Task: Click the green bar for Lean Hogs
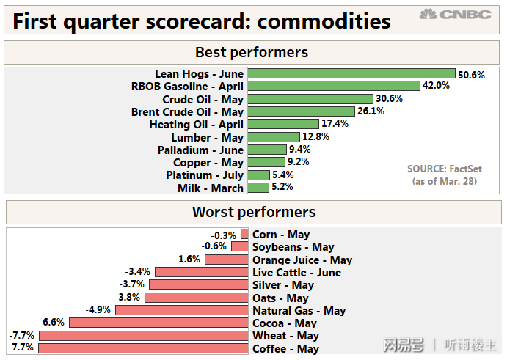pos(351,73)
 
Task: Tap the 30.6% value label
pos(389,99)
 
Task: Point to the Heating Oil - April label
pos(196,125)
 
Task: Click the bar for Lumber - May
pos(274,137)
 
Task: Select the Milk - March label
pos(210,188)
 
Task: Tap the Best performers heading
pos(252,52)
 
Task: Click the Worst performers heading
pos(254,212)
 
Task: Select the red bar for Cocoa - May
pos(158,323)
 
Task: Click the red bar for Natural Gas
pos(181,310)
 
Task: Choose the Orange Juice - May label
pos(302,260)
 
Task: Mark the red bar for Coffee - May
pos(143,348)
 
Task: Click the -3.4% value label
pos(138,272)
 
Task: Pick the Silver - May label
pos(283,285)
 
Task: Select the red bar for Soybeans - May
pos(240,247)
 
